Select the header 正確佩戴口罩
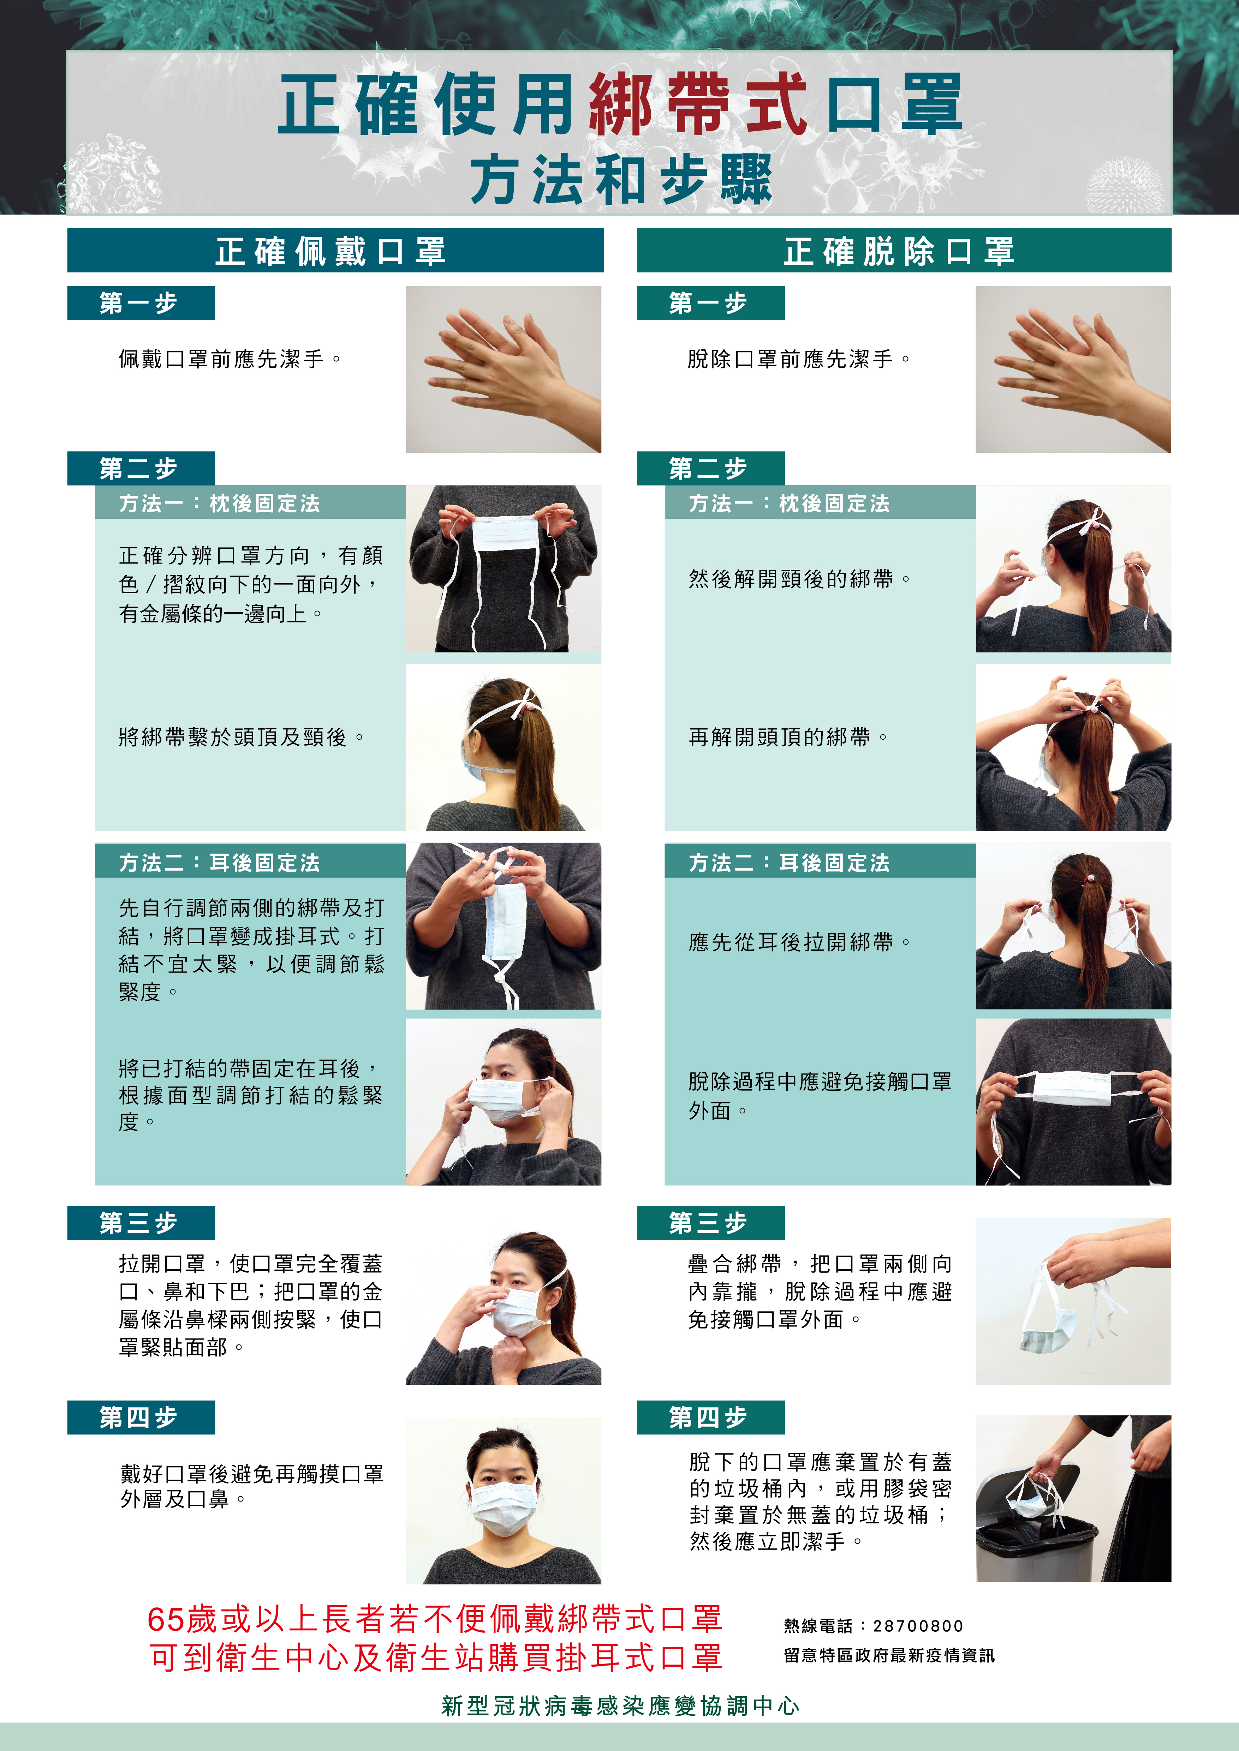tap(330, 251)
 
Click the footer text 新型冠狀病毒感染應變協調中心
tap(620, 1706)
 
